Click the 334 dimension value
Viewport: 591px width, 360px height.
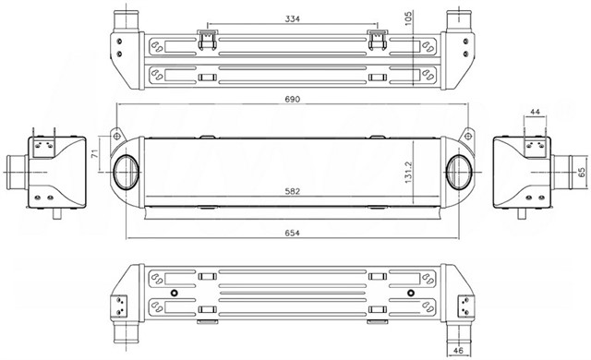(293, 18)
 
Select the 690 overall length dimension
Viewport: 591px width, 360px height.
(293, 99)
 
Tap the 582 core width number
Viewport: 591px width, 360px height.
(293, 191)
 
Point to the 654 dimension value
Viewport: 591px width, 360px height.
(293, 234)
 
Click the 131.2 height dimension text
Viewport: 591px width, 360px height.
(409, 173)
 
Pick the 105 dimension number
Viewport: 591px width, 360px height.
(408, 18)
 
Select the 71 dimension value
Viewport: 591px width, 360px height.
(94, 153)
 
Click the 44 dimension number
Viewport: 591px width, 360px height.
(535, 112)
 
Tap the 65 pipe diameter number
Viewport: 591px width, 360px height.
(581, 173)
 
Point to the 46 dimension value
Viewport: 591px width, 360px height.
(458, 350)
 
